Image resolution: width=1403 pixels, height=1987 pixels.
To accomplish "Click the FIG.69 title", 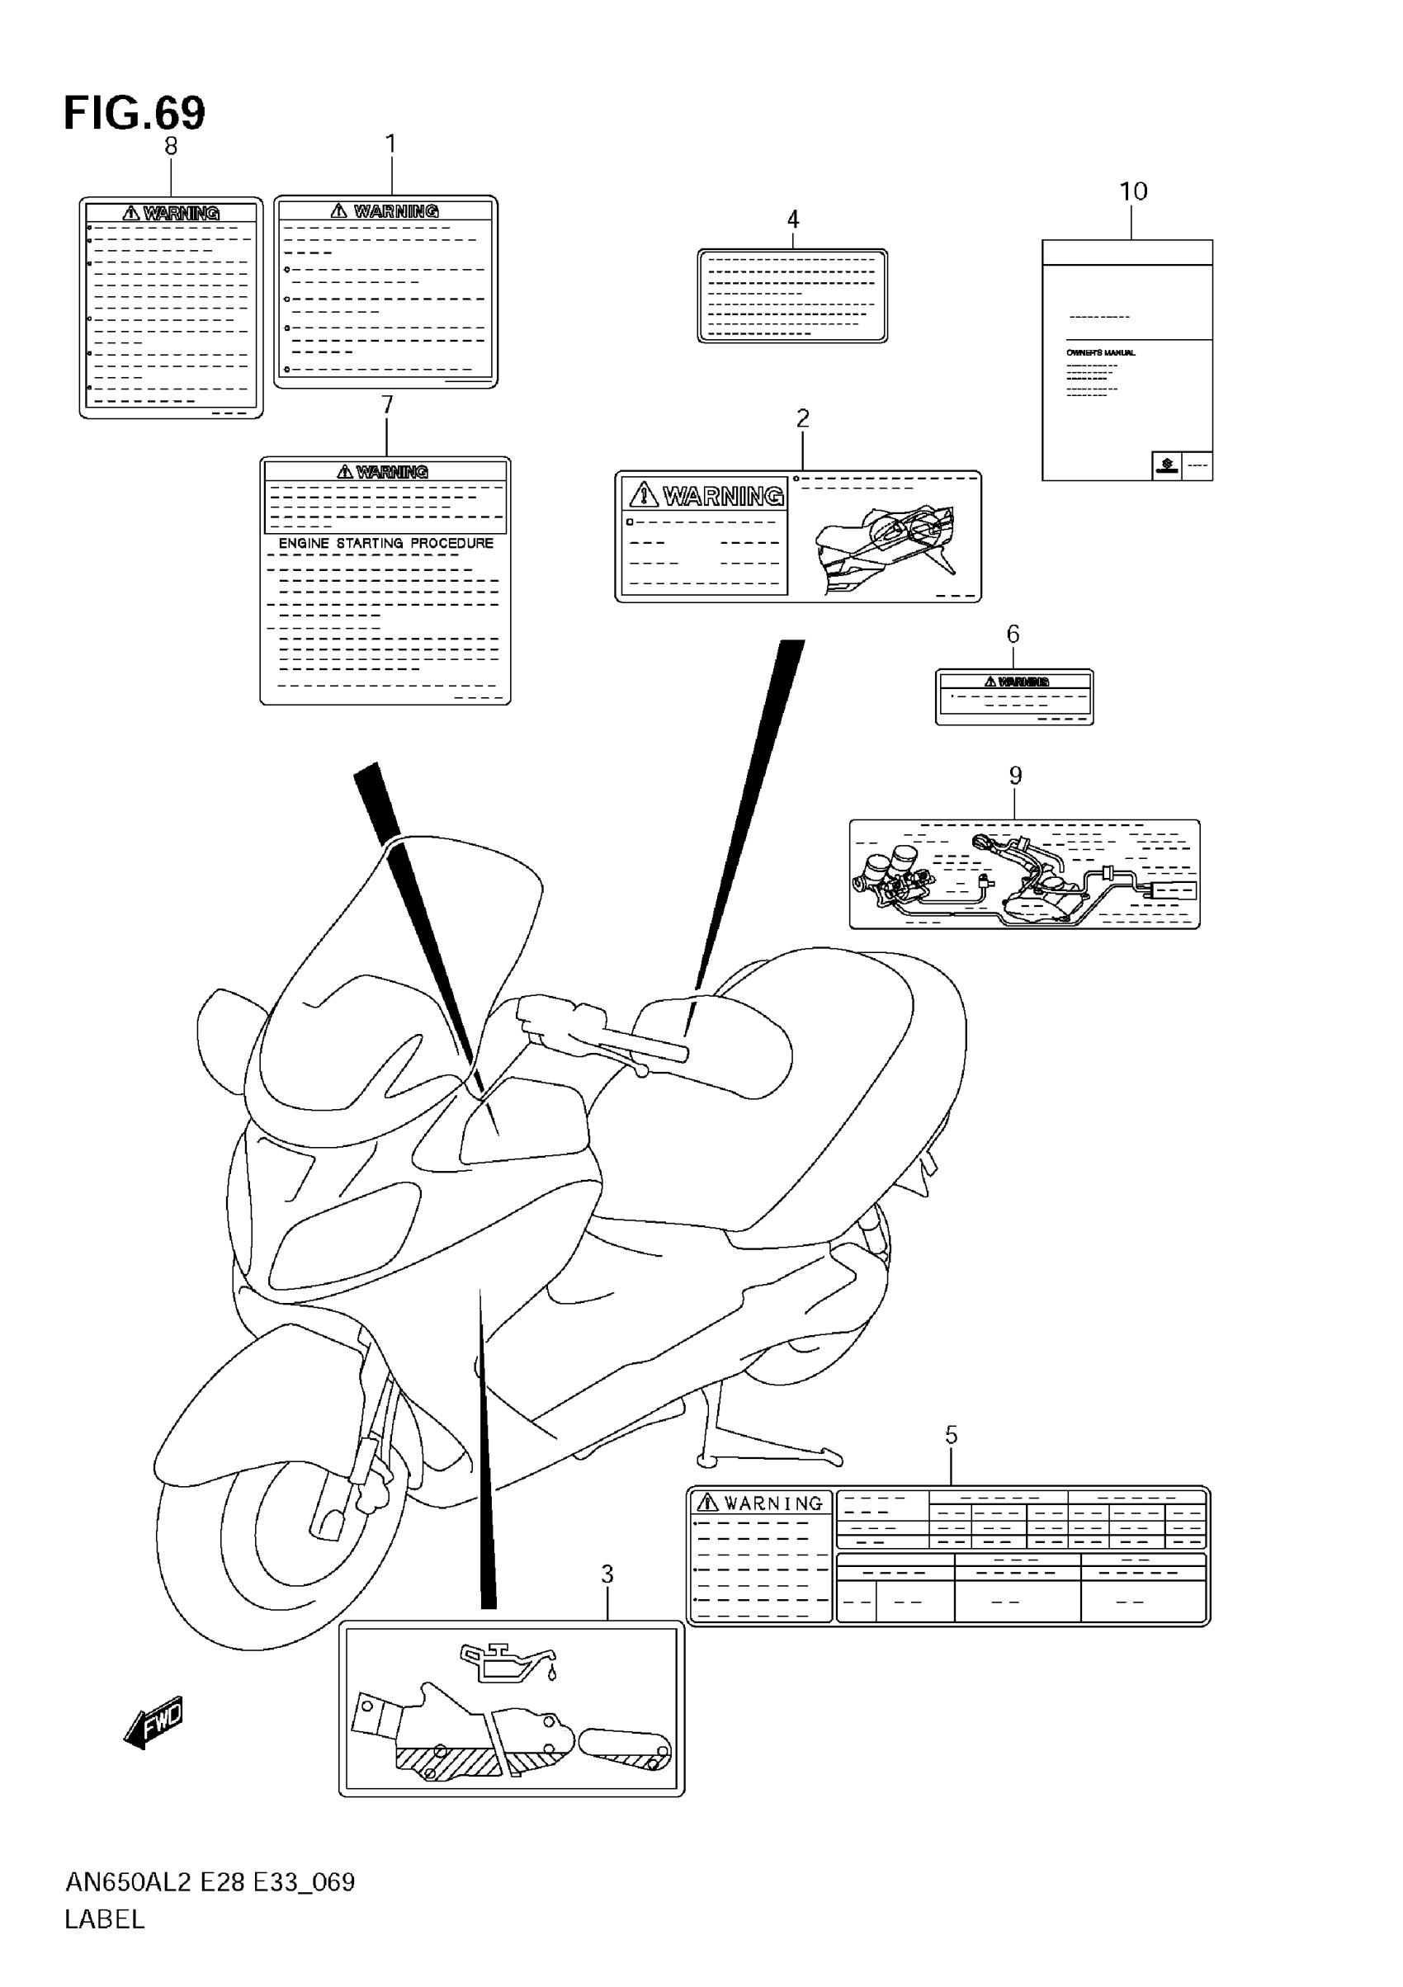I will point(135,113).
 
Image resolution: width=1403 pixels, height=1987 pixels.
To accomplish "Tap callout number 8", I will point(171,146).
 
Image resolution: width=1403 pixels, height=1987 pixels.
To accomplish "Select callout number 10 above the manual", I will point(1133,191).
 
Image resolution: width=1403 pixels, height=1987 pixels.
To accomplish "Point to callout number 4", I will point(793,219).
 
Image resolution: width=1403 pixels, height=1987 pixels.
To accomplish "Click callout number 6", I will point(1013,635).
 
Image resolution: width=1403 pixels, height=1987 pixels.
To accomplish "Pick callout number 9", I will point(1015,776).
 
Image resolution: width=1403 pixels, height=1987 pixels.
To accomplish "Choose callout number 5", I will point(952,1435).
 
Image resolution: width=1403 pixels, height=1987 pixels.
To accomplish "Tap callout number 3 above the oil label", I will point(607,1574).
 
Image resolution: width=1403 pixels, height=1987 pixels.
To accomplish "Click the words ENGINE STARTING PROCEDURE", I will point(386,544).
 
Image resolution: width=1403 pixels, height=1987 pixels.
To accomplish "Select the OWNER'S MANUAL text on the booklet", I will point(1100,353).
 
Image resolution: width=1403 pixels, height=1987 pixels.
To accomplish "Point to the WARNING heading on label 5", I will point(772,1503).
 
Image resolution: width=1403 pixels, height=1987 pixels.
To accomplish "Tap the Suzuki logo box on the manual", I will point(1167,465).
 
